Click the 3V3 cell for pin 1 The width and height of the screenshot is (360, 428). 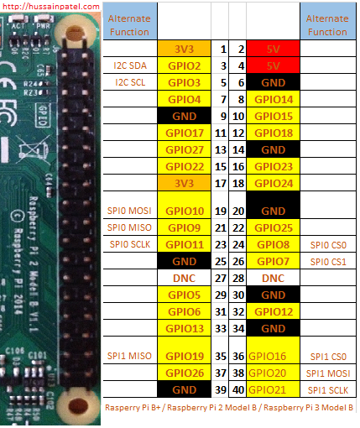point(184,49)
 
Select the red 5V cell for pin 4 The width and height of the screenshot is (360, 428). point(273,65)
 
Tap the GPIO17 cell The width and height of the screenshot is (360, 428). point(184,133)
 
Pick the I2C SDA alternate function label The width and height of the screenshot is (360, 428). point(130,65)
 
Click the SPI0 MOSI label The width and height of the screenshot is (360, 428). point(129,211)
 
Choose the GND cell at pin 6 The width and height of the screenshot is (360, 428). point(273,82)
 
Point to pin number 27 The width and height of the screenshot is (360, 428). point(221,278)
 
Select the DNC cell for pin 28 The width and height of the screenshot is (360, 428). point(273,278)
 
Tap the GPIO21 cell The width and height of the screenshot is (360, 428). point(273,389)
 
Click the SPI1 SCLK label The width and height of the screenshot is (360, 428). point(328,390)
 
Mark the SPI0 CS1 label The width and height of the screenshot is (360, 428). point(328,262)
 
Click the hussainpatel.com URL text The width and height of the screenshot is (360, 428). point(50,6)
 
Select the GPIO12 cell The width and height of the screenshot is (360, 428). point(273,311)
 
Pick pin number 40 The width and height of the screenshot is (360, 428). point(238,390)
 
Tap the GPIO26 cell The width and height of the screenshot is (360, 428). point(184,373)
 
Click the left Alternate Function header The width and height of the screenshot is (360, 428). point(129,25)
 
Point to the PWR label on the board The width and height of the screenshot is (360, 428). point(43,26)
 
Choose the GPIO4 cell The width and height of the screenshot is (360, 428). point(184,99)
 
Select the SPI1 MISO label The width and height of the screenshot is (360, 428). point(129,356)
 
